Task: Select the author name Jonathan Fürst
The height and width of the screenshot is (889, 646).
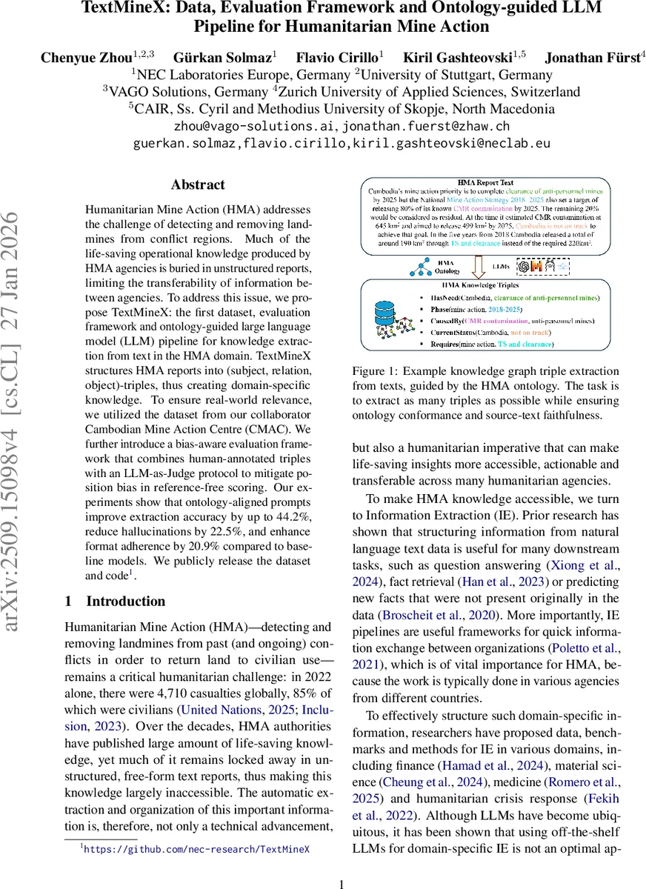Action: pyautogui.click(x=590, y=57)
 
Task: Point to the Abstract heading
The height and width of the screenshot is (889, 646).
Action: pyautogui.click(x=198, y=184)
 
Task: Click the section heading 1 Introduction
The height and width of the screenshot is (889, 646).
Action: pyautogui.click(x=116, y=601)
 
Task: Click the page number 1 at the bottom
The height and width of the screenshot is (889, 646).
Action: pyautogui.click(x=342, y=884)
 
